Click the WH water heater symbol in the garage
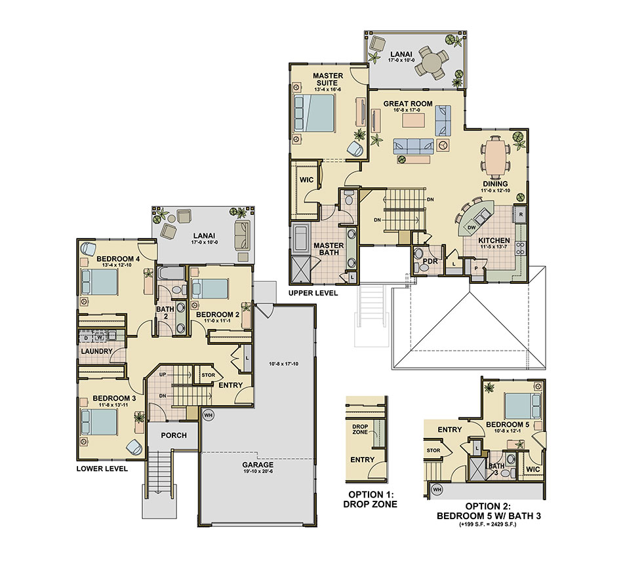[x=208, y=416]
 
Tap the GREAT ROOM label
[x=408, y=104]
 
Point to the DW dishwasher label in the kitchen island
[x=472, y=227]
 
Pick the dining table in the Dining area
[x=495, y=157]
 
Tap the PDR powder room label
[x=430, y=262]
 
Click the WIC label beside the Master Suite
[x=306, y=180]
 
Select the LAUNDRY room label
[x=96, y=351]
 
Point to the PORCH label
[x=174, y=435]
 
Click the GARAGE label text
[x=258, y=465]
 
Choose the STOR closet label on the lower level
[x=208, y=375]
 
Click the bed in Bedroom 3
[x=99, y=421]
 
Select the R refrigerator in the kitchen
[x=520, y=214]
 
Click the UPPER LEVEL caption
[x=313, y=293]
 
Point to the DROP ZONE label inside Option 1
[x=360, y=429]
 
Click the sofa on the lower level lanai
[x=243, y=236]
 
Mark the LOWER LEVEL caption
[x=102, y=469]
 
